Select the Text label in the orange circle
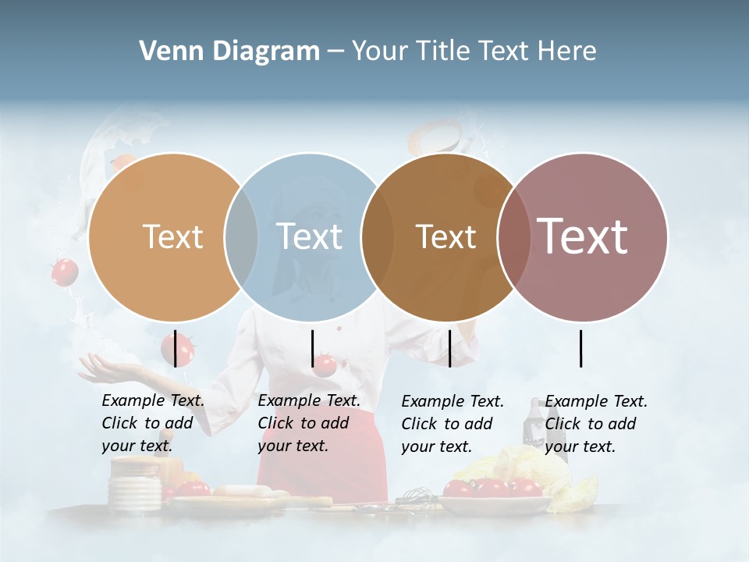tap(172, 237)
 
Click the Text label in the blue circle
tap(309, 237)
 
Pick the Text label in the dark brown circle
tap(445, 237)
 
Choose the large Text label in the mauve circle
tap(583, 237)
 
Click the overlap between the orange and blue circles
tap(241, 237)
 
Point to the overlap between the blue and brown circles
tap(378, 237)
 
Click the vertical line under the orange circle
tap(175, 348)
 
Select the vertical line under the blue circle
tap(312, 348)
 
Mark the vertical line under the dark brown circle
tap(449, 348)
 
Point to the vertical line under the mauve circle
tap(580, 348)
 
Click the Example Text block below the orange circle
tap(152, 423)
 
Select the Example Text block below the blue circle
tap(308, 423)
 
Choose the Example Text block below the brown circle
tap(452, 424)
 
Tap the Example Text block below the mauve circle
tap(595, 424)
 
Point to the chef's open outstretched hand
tap(109, 365)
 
